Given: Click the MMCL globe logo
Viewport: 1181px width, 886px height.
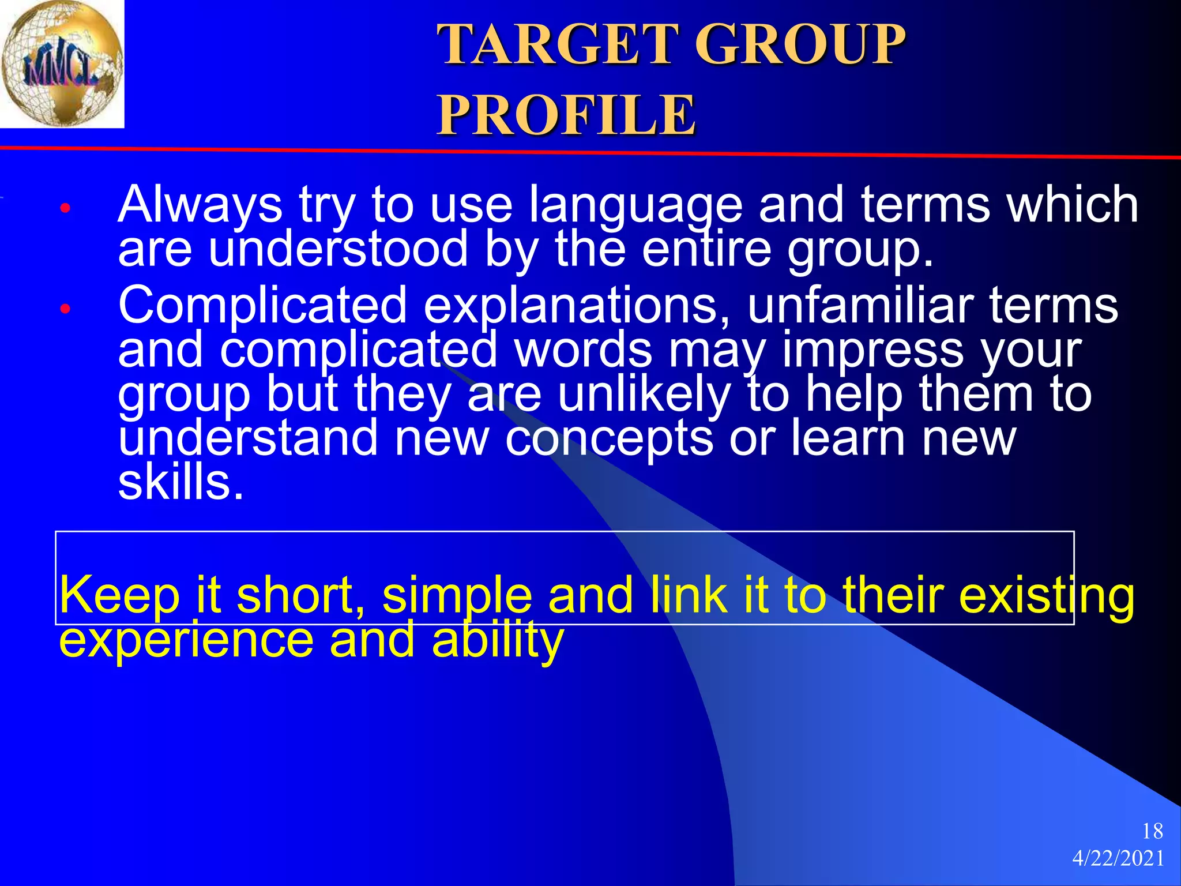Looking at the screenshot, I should tap(62, 63).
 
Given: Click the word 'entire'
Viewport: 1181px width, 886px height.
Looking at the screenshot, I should tap(706, 249).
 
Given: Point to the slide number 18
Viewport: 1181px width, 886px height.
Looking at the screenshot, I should tap(1152, 831).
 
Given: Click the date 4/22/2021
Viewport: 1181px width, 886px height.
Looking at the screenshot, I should tap(1118, 859).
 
